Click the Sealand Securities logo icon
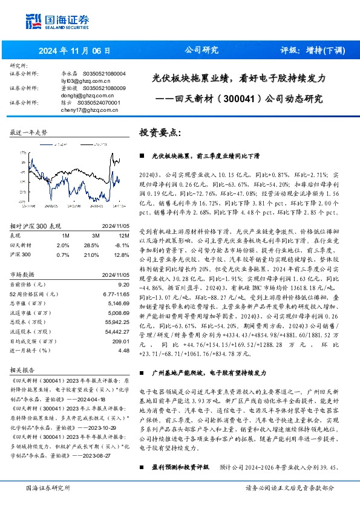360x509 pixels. click(x=32, y=20)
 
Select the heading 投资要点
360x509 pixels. click(x=161, y=132)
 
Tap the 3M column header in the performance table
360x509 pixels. click(x=96, y=235)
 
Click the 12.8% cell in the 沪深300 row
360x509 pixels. click(x=123, y=254)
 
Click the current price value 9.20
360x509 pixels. click(x=124, y=284)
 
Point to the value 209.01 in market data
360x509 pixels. click(x=121, y=341)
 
